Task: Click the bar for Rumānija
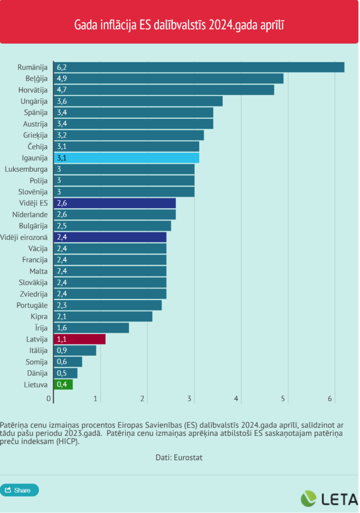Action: (x=199, y=67)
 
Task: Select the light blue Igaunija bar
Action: (x=126, y=158)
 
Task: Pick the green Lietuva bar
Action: (x=63, y=384)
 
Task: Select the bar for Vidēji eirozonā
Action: (x=110, y=237)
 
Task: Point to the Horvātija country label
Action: (x=33, y=90)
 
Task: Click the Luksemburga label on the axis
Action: (x=26, y=169)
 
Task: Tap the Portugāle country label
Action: (x=33, y=305)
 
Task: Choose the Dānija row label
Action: (x=37, y=373)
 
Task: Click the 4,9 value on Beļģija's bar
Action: (x=62, y=79)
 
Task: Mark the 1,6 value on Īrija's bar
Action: (x=62, y=328)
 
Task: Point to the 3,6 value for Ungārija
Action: (x=62, y=101)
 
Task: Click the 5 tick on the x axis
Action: (x=283, y=399)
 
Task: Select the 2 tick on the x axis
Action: (x=143, y=399)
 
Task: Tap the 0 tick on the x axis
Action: (x=49, y=399)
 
